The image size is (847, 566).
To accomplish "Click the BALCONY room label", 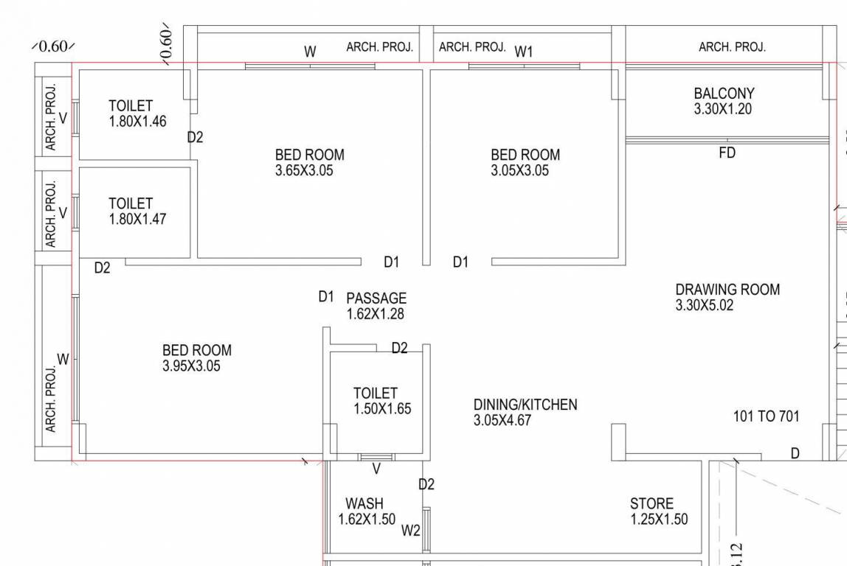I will [724, 94].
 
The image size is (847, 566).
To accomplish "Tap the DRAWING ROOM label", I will [727, 290].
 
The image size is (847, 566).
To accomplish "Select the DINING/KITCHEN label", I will [525, 405].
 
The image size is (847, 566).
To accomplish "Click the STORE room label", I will [651, 503].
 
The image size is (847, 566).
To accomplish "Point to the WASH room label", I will [364, 503].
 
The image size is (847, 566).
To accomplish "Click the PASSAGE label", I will [376, 298].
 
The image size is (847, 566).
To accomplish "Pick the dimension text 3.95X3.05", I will [191, 366].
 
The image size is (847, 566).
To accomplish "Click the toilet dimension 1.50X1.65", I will [382, 409].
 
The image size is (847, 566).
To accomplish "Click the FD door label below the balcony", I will [727, 153].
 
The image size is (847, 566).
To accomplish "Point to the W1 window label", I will [524, 52].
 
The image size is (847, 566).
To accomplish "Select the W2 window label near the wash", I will [411, 530].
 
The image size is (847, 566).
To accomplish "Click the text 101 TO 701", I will [766, 416].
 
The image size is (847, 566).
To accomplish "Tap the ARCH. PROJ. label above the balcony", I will [732, 47].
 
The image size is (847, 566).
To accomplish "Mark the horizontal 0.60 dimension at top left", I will [52, 46].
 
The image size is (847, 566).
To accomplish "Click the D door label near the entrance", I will [795, 453].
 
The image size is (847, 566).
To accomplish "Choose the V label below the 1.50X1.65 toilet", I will [376, 469].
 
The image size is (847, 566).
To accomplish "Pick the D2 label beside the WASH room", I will [426, 484].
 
